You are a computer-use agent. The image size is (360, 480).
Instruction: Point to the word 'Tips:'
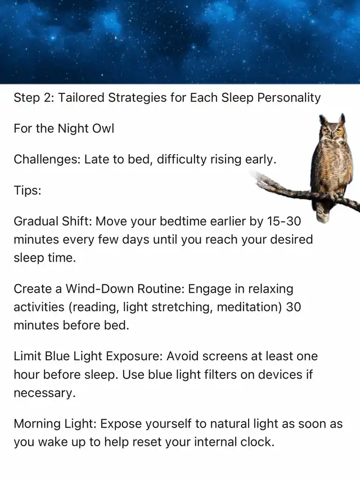tap(27, 190)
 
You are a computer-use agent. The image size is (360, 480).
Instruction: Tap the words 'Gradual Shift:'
tap(53, 221)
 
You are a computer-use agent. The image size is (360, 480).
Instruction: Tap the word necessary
tap(44, 393)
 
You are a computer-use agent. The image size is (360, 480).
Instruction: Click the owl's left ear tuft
tap(322, 119)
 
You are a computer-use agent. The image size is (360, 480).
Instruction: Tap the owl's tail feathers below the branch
tap(323, 212)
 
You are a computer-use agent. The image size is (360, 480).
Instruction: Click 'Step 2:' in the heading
tap(34, 98)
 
